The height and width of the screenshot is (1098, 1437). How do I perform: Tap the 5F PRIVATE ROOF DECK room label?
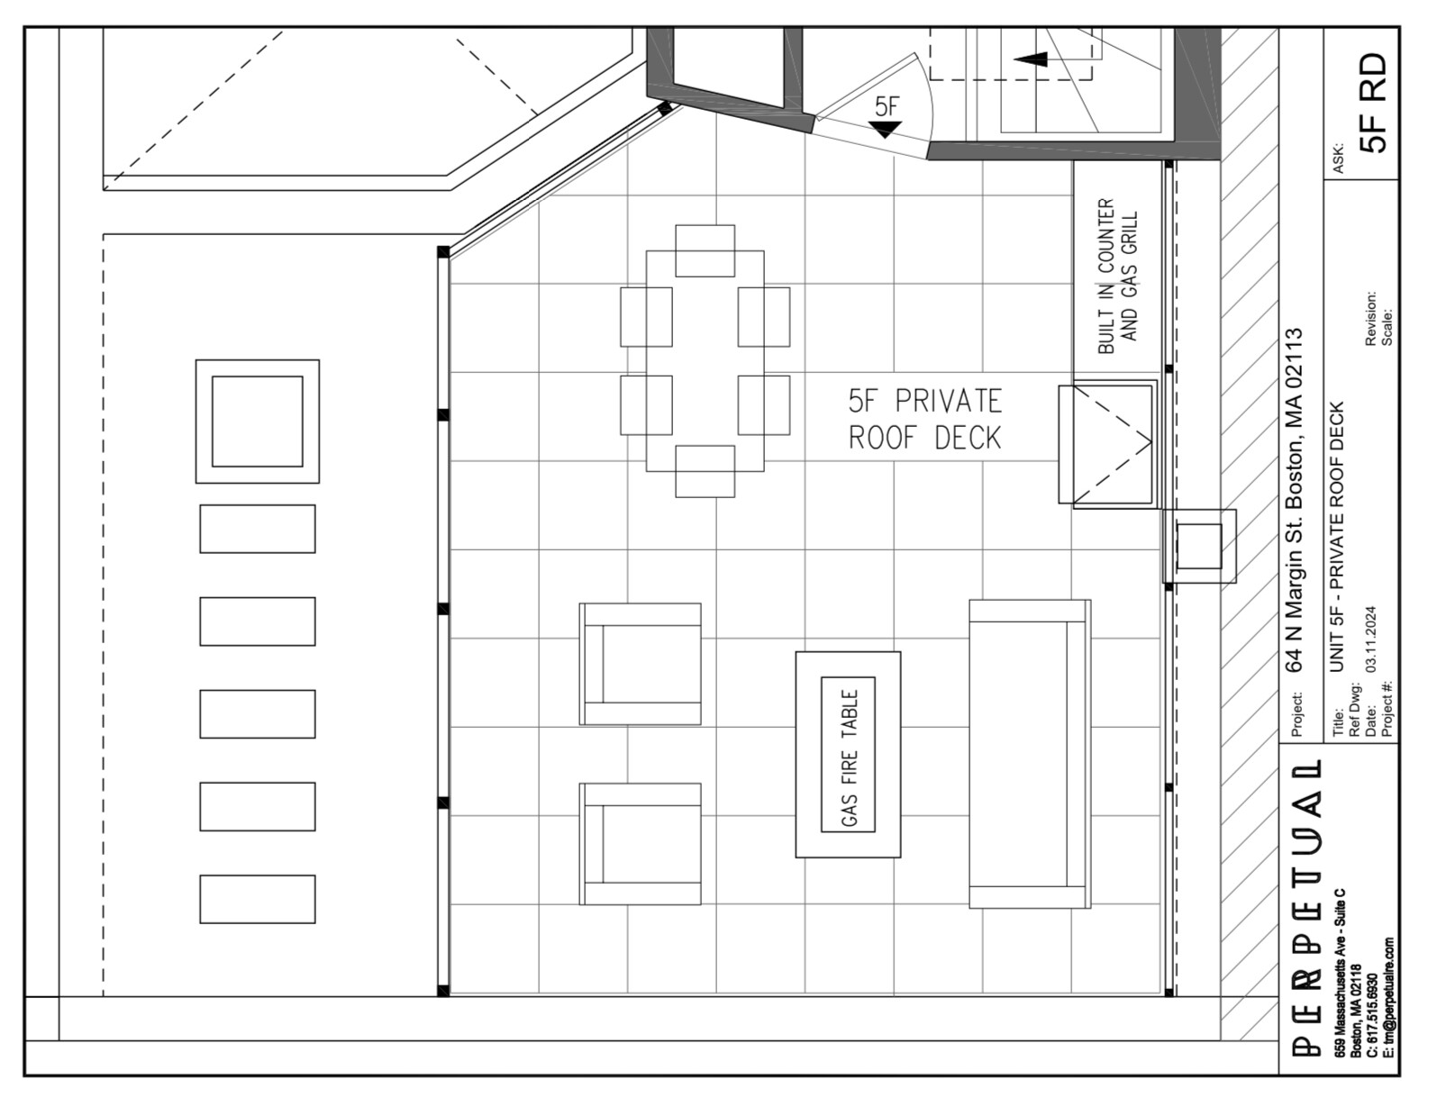(x=925, y=420)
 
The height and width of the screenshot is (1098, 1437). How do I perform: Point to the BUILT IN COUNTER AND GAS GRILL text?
(x=1118, y=277)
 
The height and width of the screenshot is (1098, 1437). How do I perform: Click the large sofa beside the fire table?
(x=1030, y=754)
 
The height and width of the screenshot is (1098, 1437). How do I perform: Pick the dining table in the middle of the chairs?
(x=705, y=361)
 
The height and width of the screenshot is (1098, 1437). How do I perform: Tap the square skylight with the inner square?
(x=258, y=422)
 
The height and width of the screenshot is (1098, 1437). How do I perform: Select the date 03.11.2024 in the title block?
(x=1370, y=639)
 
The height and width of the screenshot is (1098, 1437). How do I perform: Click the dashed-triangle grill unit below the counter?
(x=1107, y=444)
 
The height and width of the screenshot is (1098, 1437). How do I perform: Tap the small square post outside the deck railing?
(x=1199, y=546)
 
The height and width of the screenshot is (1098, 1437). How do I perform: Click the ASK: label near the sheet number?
(x=1338, y=159)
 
